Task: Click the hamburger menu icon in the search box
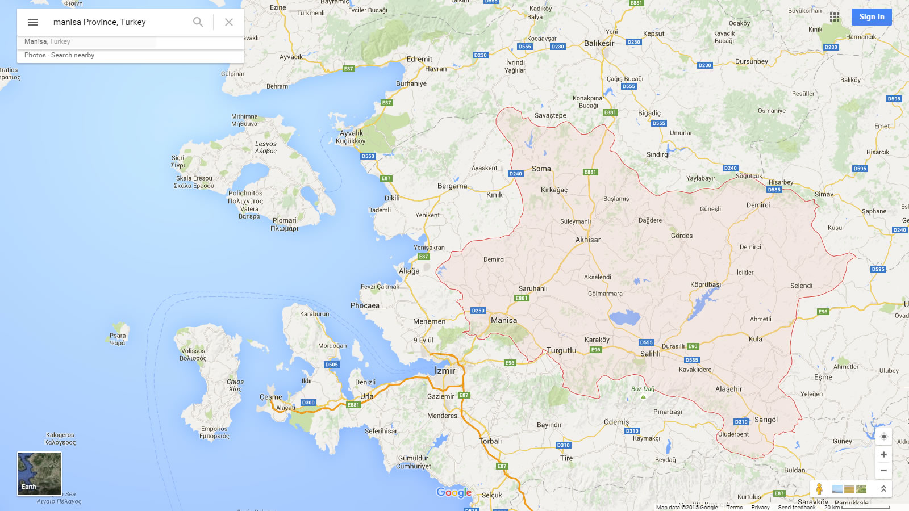pos(33,22)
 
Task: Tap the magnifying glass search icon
pos(198,22)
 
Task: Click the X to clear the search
pos(229,22)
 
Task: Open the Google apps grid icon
pos(834,17)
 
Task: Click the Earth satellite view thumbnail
pos(39,474)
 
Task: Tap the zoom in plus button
pos(883,454)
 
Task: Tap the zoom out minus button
pos(883,470)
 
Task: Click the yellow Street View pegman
pos(819,488)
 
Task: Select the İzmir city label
pos(445,371)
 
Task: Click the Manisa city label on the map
pos(504,320)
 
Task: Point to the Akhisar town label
pos(588,240)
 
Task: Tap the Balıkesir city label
pos(599,43)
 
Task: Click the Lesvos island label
pos(266,144)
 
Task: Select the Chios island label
pos(235,382)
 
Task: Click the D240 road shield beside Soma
pos(515,174)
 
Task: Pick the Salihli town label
pos(651,354)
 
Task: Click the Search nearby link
pos(73,55)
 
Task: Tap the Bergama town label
pos(452,186)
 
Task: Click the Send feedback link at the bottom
pos(797,507)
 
